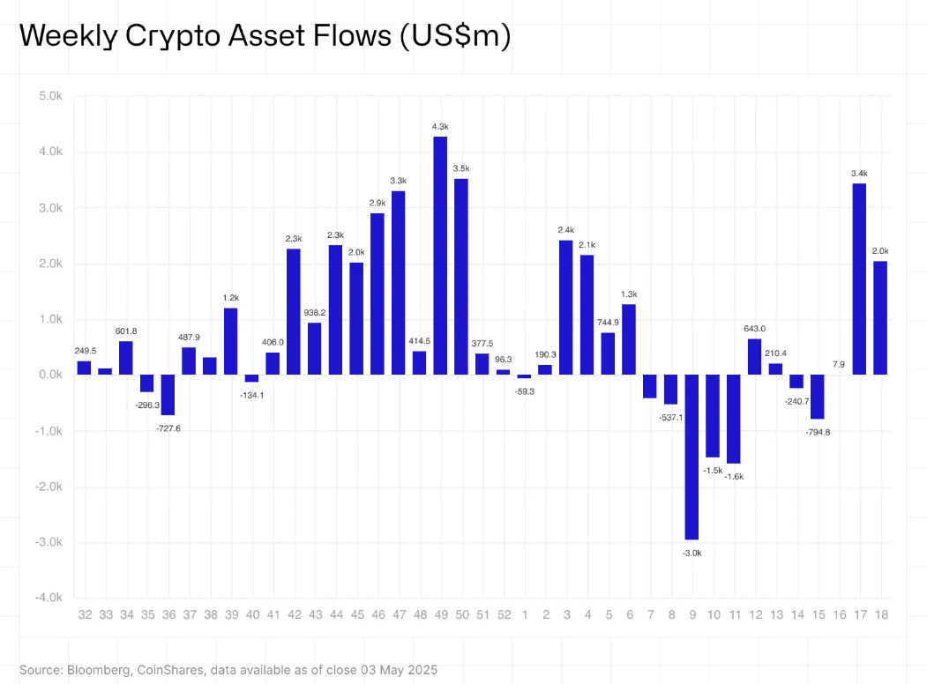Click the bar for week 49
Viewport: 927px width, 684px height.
click(440, 256)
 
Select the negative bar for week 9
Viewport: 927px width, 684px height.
click(692, 457)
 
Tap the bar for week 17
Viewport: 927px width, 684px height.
click(859, 279)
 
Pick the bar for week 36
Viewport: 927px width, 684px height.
click(168, 395)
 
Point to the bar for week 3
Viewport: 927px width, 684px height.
click(565, 308)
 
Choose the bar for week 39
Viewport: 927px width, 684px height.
click(230, 341)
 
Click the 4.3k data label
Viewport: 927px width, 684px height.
click(440, 127)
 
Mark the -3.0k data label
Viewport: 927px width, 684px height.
click(692, 553)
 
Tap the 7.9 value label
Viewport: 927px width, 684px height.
click(838, 364)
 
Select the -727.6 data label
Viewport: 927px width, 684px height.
click(168, 427)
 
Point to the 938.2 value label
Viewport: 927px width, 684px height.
click(315, 312)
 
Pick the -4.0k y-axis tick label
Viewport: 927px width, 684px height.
click(49, 598)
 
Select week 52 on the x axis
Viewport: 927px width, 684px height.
click(503, 614)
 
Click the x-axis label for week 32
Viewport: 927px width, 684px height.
click(85, 614)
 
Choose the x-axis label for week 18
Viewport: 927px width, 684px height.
click(880, 614)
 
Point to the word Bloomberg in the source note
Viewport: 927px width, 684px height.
click(98, 671)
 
